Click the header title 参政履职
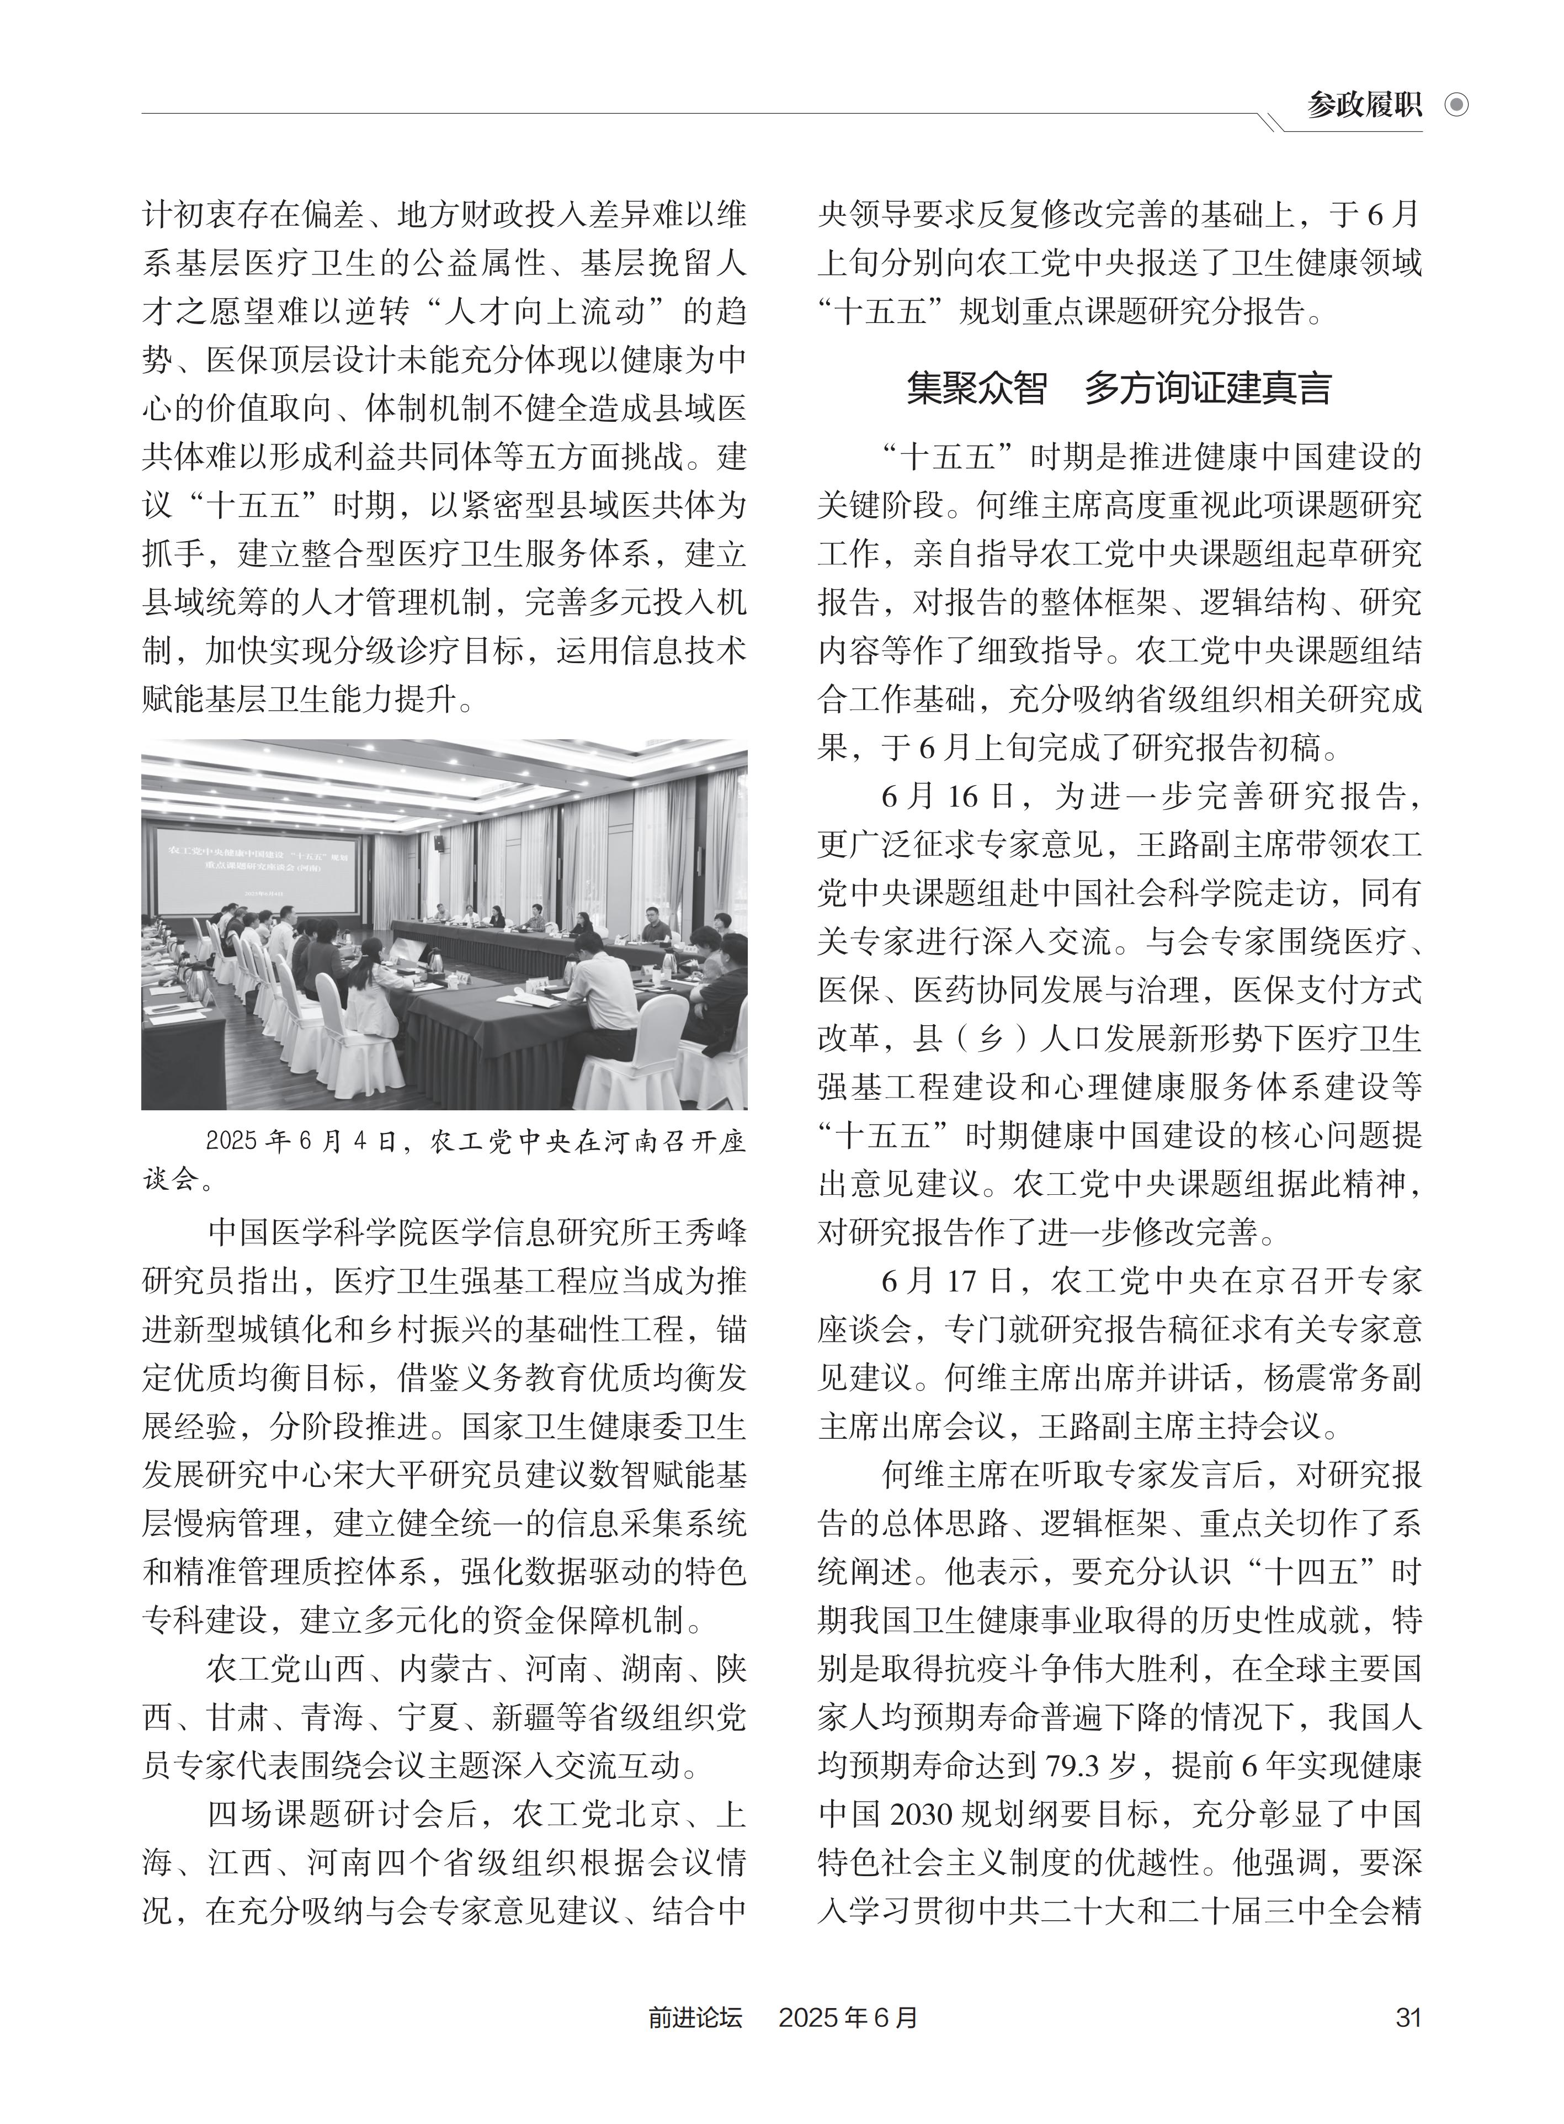[1364, 105]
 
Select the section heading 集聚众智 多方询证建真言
[1119, 389]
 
